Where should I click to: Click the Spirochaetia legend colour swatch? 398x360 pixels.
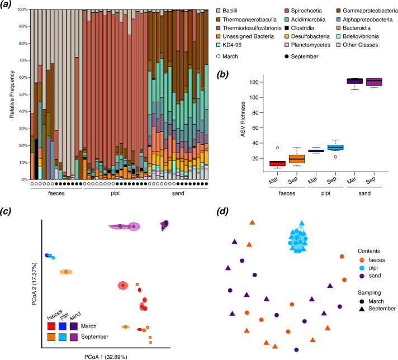(x=287, y=11)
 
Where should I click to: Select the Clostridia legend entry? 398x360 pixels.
(x=300, y=28)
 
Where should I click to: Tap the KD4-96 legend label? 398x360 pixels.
(x=232, y=45)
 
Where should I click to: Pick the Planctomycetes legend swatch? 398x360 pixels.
(x=287, y=45)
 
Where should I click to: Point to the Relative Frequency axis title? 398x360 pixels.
(x=12, y=94)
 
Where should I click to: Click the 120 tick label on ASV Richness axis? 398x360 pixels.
(x=254, y=82)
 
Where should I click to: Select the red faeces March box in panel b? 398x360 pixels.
(x=277, y=163)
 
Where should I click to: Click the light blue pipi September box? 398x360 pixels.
(x=335, y=147)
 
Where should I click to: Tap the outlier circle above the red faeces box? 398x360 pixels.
(x=277, y=148)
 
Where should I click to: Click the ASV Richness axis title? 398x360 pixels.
(x=243, y=119)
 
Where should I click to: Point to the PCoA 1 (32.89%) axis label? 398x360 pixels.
(x=106, y=357)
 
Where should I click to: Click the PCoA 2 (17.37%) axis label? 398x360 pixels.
(x=35, y=283)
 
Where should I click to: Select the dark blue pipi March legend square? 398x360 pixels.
(x=63, y=326)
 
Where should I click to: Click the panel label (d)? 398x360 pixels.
(x=222, y=211)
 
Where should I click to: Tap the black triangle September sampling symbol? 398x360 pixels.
(x=362, y=309)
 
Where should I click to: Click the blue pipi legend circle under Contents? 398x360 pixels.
(x=362, y=268)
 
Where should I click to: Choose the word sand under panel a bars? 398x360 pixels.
(x=178, y=193)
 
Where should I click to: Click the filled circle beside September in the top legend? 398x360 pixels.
(x=287, y=56)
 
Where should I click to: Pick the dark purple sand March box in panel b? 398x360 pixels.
(x=355, y=81)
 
